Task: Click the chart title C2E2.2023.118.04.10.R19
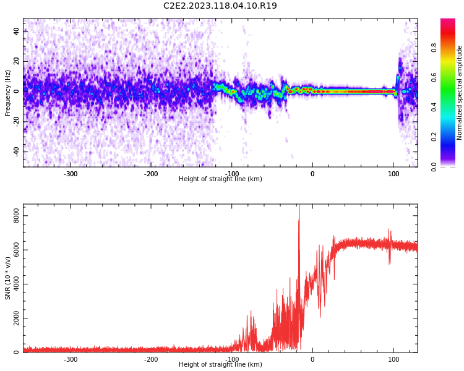pyautogui.click(x=220, y=6)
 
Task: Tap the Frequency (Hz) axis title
pyautogui.click(x=8, y=93)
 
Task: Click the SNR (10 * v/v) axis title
pyautogui.click(x=8, y=278)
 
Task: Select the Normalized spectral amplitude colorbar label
pyautogui.click(x=460, y=93)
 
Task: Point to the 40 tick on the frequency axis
pyautogui.click(x=16, y=31)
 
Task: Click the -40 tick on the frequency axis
pyautogui.click(x=15, y=151)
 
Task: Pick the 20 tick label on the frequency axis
pyautogui.click(x=16, y=61)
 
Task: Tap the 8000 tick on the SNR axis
pyautogui.click(x=12, y=216)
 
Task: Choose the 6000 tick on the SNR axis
pyautogui.click(x=12, y=250)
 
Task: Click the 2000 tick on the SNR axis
pyautogui.click(x=12, y=318)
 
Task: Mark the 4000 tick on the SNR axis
pyautogui.click(x=12, y=284)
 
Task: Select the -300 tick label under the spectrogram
pyautogui.click(x=70, y=174)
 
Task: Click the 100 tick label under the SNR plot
pyautogui.click(x=393, y=359)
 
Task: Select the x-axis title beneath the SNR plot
pyautogui.click(x=220, y=365)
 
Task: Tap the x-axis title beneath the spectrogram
pyautogui.click(x=220, y=179)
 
